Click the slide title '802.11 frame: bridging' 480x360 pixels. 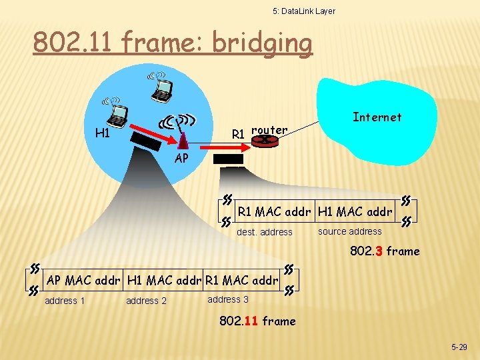pyautogui.click(x=173, y=43)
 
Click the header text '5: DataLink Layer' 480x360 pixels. pyautogui.click(x=304, y=11)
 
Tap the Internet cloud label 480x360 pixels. pyautogui.click(x=377, y=117)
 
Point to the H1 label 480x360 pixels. pyautogui.click(x=102, y=133)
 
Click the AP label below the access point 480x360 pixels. pyautogui.click(x=181, y=159)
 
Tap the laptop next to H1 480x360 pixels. pyautogui.click(x=117, y=114)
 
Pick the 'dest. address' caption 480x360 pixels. pyautogui.click(x=265, y=233)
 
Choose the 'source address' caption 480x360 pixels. pyautogui.click(x=349, y=231)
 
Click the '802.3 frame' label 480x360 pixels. pyautogui.click(x=385, y=251)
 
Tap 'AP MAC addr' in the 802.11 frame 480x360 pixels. pyautogui.click(x=84, y=281)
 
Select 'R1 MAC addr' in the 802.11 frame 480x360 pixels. pyautogui.click(x=242, y=281)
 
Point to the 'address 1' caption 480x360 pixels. pyautogui.click(x=65, y=301)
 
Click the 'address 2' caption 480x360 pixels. pyautogui.click(x=147, y=301)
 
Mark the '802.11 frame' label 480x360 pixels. pyautogui.click(x=257, y=321)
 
